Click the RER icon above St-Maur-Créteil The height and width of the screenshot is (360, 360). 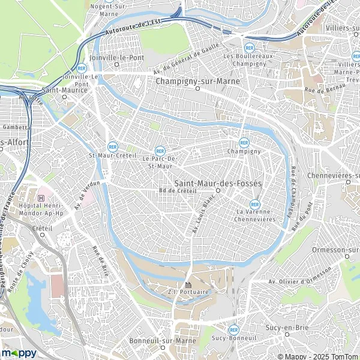click(x=112, y=146)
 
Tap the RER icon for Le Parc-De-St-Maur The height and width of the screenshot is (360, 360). click(x=160, y=151)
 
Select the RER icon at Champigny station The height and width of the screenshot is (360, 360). click(x=244, y=143)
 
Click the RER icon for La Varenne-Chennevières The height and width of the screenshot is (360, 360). click(x=256, y=203)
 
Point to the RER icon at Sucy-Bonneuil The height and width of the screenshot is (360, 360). click(x=233, y=329)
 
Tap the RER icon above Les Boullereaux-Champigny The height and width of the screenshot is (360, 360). click(x=248, y=47)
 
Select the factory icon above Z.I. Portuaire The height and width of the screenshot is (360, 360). click(x=188, y=284)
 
